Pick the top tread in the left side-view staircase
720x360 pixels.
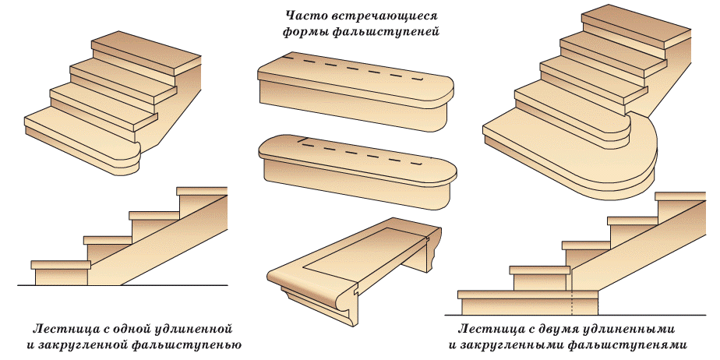coord(202,191)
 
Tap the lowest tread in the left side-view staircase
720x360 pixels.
coord(58,265)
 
